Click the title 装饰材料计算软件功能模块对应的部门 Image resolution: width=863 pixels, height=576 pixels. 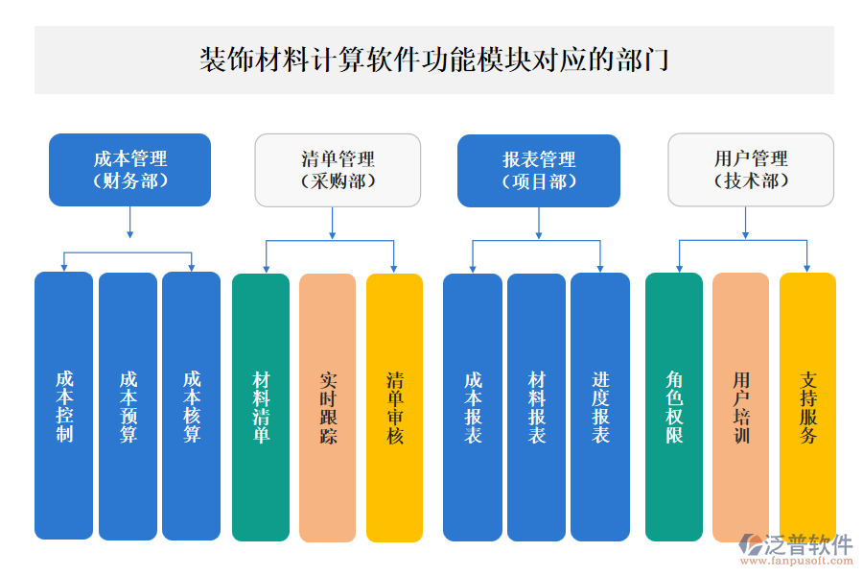[x=433, y=60]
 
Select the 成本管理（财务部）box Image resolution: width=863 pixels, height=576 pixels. [x=129, y=170]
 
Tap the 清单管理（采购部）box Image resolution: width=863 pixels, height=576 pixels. [x=338, y=170]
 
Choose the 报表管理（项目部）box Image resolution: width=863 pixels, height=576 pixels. [x=538, y=170]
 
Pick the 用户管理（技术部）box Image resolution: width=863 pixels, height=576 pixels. [x=750, y=170]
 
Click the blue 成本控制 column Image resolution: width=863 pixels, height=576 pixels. [x=64, y=407]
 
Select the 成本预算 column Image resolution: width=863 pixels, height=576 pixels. [x=128, y=407]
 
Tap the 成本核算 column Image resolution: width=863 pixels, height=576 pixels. [x=192, y=407]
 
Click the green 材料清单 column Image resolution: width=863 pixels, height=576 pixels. [x=261, y=407]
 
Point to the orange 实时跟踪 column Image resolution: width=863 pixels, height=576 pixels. [x=328, y=407]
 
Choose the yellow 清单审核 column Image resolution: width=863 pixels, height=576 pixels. [x=395, y=407]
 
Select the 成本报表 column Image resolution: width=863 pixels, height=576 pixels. [x=473, y=407]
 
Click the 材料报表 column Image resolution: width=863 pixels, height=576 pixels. [x=537, y=407]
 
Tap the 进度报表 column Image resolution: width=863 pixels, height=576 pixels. [x=600, y=407]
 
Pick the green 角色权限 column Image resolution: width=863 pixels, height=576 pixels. [x=674, y=407]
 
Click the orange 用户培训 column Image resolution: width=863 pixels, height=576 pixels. [x=740, y=407]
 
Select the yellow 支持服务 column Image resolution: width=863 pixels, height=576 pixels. [x=807, y=407]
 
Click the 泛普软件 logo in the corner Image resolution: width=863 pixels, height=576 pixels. [x=797, y=548]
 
